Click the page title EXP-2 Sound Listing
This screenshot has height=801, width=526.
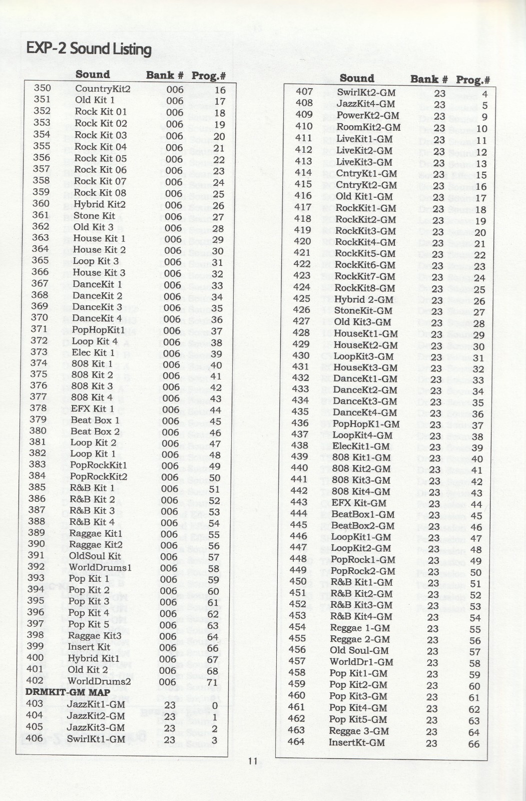point(89,49)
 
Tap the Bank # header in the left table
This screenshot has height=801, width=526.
point(165,76)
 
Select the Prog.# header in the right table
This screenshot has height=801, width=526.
point(472,80)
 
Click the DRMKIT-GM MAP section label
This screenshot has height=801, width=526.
point(68,692)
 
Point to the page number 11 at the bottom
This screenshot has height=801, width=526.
point(252,761)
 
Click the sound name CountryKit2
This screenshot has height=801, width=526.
point(103,89)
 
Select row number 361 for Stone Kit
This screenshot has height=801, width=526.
point(41,215)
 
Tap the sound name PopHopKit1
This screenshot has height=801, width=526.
point(98,330)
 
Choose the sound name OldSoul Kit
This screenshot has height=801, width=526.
point(95,556)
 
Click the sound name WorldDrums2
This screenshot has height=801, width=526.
point(99,681)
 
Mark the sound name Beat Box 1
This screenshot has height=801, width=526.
point(95,420)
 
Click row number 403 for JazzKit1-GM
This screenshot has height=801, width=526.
point(35,703)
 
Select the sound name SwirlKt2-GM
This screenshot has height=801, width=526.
point(366,93)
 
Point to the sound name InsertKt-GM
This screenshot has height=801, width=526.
point(357,742)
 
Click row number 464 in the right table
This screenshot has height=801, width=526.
point(296,741)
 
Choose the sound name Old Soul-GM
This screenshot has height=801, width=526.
point(359,651)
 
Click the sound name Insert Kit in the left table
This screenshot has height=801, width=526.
point(89,647)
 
